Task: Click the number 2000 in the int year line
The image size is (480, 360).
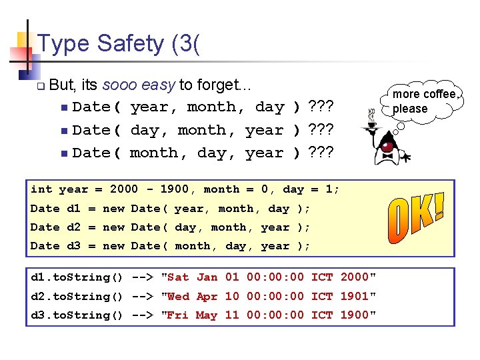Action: click(124, 189)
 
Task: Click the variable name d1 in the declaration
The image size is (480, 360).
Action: click(73, 209)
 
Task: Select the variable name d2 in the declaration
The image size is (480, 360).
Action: click(73, 227)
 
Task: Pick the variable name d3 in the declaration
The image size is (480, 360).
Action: click(73, 246)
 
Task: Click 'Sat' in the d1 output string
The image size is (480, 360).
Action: click(178, 277)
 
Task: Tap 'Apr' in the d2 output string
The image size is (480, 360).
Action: click(207, 296)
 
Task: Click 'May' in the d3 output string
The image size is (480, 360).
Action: click(207, 315)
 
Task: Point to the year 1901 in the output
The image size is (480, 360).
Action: click(355, 296)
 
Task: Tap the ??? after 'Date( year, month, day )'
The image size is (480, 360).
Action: click(321, 107)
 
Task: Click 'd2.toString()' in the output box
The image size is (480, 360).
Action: click(77, 296)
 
